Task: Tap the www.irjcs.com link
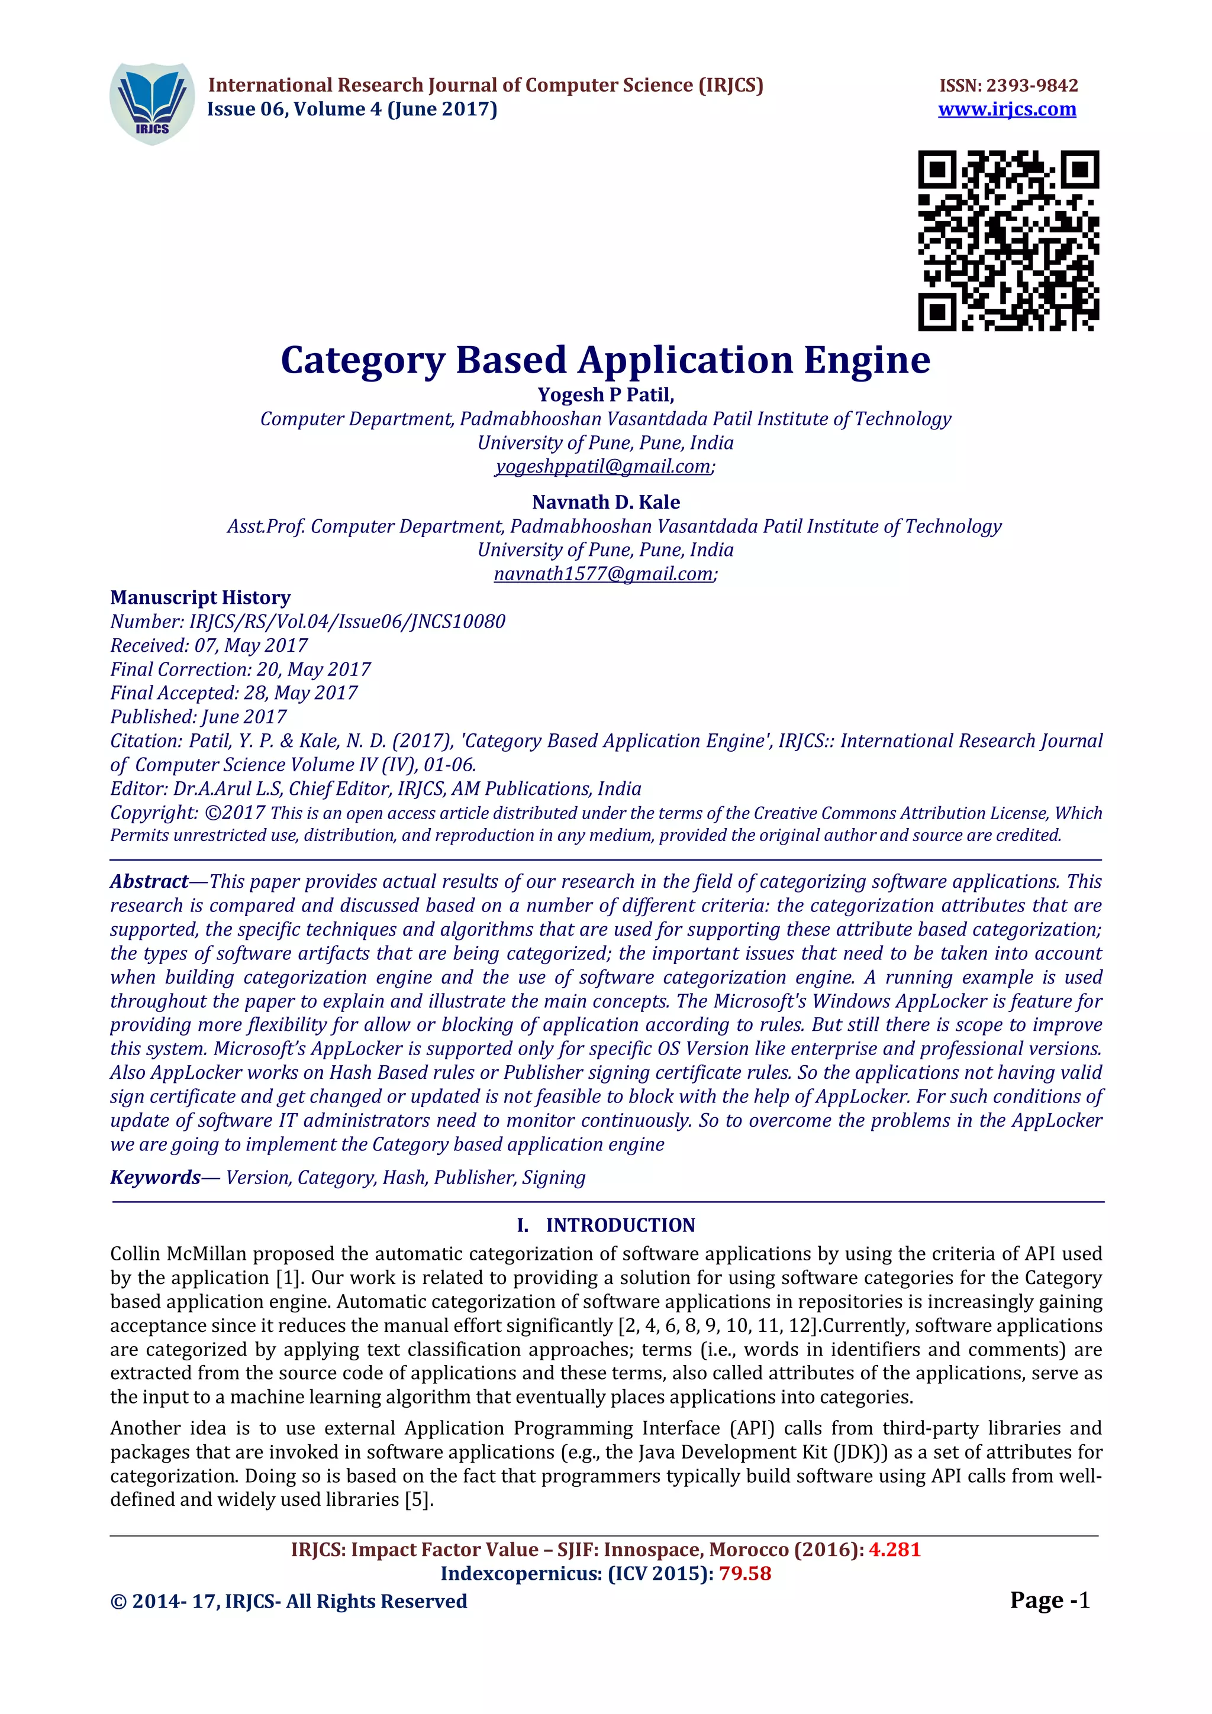1007,110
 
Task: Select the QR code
1008,240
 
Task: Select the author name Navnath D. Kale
605,502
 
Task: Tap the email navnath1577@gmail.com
604,573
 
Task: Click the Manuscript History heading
200,597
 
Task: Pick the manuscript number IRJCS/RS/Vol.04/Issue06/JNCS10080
347,621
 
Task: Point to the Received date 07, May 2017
251,645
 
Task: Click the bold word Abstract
149,882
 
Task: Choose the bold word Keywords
155,1177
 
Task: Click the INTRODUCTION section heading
620,1225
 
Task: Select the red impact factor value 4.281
894,1550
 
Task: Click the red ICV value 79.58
744,1574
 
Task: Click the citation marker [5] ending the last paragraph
417,1500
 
